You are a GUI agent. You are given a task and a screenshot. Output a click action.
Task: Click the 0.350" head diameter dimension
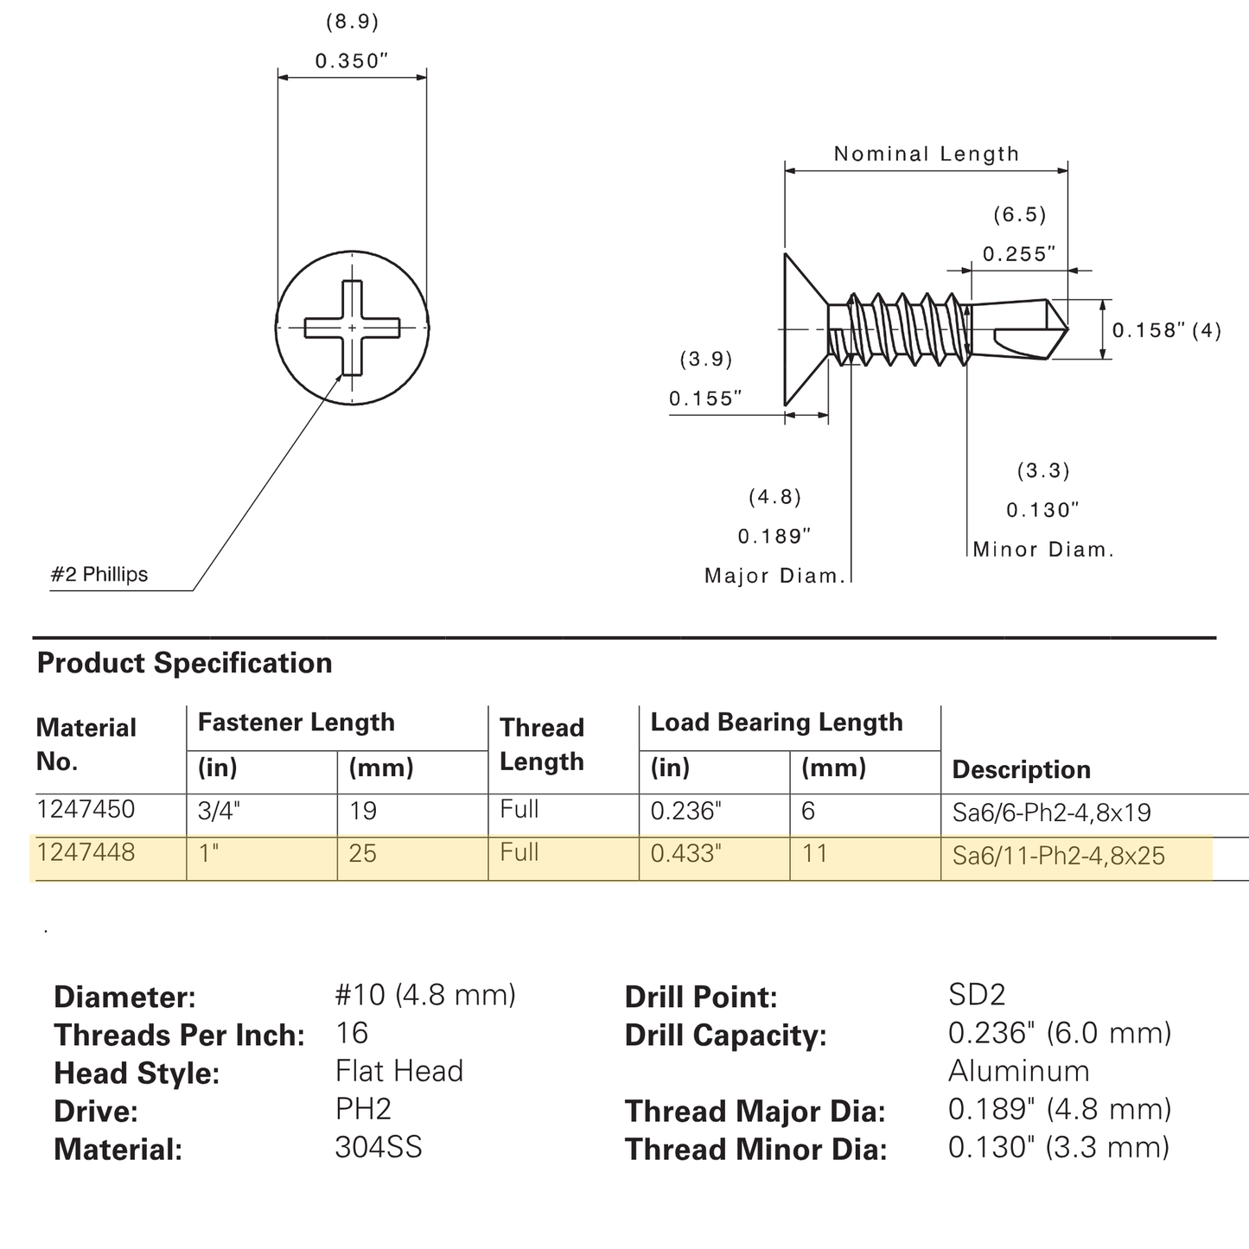[352, 61]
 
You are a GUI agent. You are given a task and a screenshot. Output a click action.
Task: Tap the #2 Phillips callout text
[99, 574]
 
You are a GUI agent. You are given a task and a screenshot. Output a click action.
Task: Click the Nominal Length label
[927, 154]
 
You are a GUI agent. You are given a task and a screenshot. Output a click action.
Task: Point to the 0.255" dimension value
[1019, 253]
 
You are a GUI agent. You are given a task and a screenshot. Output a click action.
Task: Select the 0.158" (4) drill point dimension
[1167, 330]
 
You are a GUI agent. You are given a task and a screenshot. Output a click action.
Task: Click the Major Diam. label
[775, 576]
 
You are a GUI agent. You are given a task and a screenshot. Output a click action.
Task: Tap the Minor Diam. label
[1043, 550]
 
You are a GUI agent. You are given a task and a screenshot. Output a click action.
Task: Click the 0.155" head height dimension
[705, 398]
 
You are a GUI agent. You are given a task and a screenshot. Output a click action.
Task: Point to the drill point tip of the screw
[1067, 329]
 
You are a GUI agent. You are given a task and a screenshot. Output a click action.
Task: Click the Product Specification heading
[185, 663]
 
